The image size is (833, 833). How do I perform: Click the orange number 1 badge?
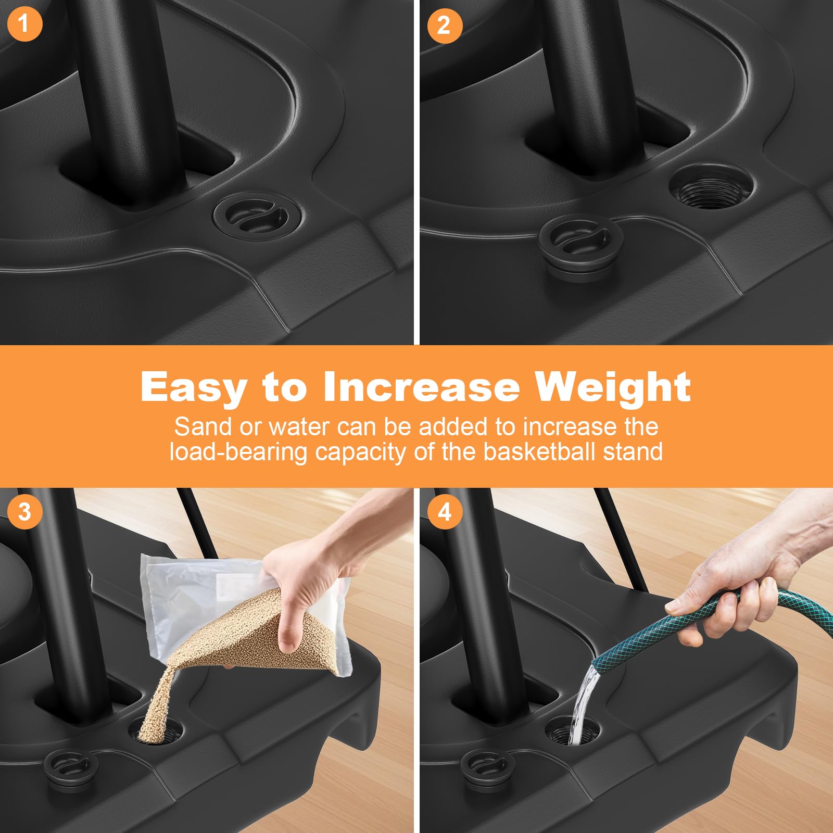[x=24, y=24]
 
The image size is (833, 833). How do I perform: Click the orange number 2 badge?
[x=444, y=26]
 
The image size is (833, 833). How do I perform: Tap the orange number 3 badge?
[x=24, y=512]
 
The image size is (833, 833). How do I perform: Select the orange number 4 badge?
[x=444, y=512]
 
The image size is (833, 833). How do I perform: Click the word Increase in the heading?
[x=421, y=387]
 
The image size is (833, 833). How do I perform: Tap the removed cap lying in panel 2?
[x=580, y=248]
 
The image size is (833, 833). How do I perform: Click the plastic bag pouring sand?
[x=245, y=614]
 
